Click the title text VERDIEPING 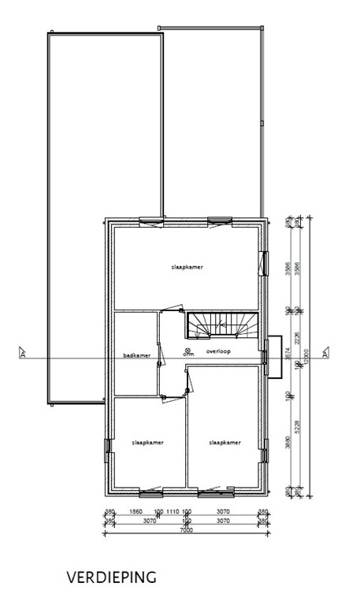[x=113, y=577]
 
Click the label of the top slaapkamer [x=187, y=268]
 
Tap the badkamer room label [x=136, y=356]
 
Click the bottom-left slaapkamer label [x=147, y=444]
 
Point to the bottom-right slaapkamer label [x=225, y=444]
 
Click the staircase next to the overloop [x=221, y=324]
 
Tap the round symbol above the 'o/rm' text [x=187, y=349]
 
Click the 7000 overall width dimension [x=186, y=531]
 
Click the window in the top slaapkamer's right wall [x=262, y=263]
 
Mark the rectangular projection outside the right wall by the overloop [x=273, y=357]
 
